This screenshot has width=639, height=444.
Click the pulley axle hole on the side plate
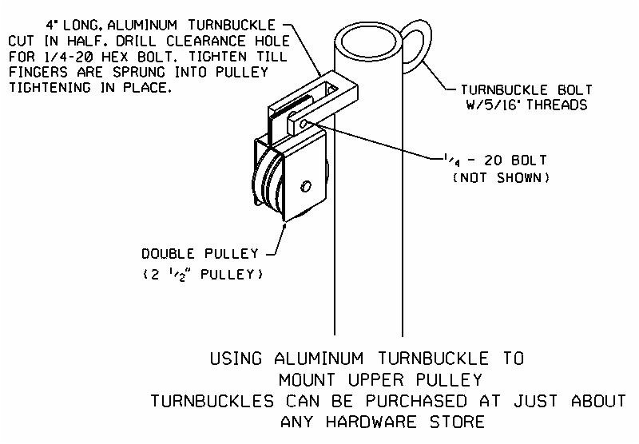tap(306, 186)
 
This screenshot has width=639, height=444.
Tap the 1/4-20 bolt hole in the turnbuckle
tap(304, 123)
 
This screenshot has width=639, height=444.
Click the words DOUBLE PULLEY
tap(200, 254)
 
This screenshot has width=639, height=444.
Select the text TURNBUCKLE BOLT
tap(526, 89)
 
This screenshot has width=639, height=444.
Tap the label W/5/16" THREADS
tap(526, 105)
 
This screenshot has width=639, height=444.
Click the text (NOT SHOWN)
tap(502, 177)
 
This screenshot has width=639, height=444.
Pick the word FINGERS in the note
tap(38, 72)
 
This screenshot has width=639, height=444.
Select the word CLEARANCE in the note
tap(206, 42)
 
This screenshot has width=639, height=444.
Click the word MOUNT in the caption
tap(307, 379)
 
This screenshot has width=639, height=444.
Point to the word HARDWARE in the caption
tap(371, 422)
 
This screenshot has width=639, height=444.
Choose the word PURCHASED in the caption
tap(415, 401)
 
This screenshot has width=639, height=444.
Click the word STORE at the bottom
tap(457, 422)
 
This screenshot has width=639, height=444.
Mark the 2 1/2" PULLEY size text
tap(203, 275)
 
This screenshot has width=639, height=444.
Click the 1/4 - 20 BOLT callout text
tap(495, 160)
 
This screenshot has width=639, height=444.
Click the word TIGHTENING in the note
tap(50, 88)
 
